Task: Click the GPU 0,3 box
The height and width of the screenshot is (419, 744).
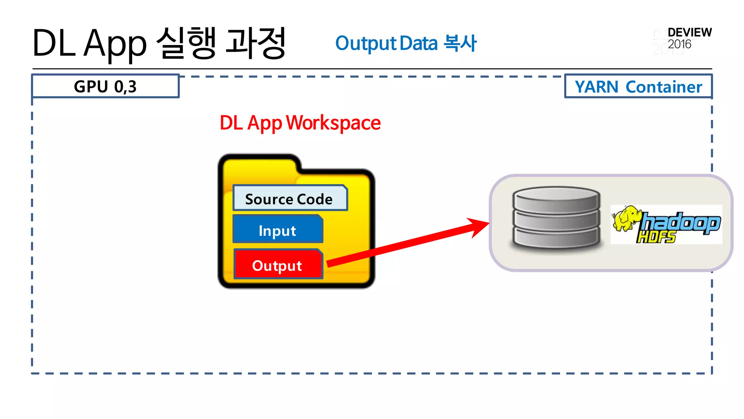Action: pyautogui.click(x=105, y=86)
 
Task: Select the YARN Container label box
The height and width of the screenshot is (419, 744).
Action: pyautogui.click(x=638, y=87)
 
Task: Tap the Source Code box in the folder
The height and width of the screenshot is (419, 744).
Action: pyautogui.click(x=290, y=199)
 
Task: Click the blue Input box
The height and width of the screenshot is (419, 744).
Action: pyautogui.click(x=278, y=230)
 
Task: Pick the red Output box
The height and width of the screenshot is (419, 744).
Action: pyautogui.click(x=278, y=265)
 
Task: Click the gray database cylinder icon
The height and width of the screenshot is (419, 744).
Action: pyautogui.click(x=556, y=218)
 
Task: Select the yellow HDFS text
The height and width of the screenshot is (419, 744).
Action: pyautogui.click(x=656, y=238)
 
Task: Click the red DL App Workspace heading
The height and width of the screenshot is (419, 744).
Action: pyautogui.click(x=300, y=123)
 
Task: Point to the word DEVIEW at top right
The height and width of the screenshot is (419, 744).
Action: pyautogui.click(x=690, y=32)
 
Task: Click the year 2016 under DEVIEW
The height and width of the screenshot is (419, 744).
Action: pyautogui.click(x=679, y=44)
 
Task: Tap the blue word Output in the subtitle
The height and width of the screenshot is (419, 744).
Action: pyautogui.click(x=366, y=44)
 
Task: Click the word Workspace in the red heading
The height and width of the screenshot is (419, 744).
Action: pyautogui.click(x=333, y=123)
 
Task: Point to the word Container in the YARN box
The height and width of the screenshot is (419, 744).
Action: pyautogui.click(x=664, y=87)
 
